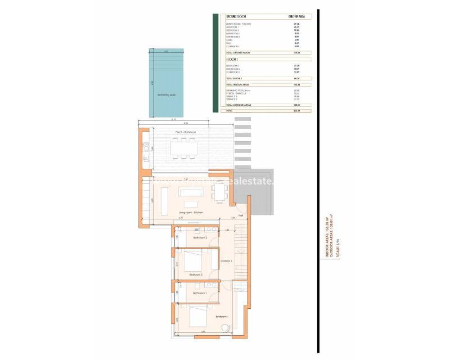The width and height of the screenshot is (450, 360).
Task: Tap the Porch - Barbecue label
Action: (183, 132)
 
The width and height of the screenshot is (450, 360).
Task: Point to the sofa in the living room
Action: (189, 192)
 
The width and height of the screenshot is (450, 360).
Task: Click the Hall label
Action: (240, 215)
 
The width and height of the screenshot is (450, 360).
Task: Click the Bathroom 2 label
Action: (200, 238)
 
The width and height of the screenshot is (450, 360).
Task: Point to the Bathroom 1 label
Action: (200, 293)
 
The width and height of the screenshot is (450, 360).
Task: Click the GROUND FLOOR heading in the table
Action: (236, 17)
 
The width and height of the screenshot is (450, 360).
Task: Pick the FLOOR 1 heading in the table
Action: (232, 59)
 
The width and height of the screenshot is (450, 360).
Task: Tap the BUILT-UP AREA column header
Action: (297, 17)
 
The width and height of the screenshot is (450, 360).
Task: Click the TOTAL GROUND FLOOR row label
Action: (238, 52)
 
